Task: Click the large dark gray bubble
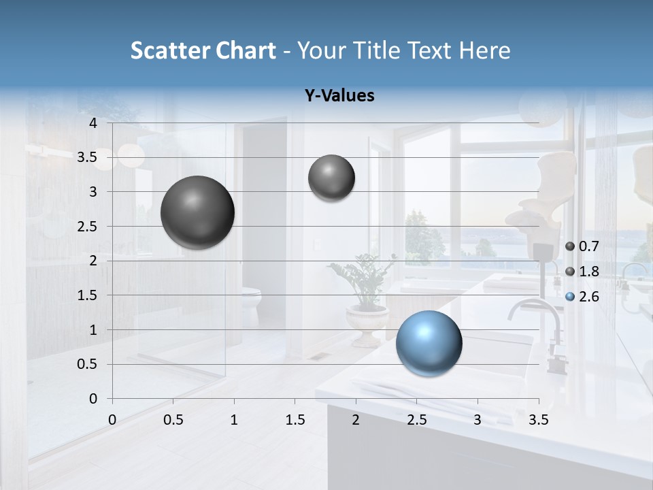tap(198, 212)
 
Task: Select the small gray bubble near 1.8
tap(331, 178)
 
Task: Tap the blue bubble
tap(429, 343)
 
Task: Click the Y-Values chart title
tap(339, 96)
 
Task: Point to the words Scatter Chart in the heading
tap(203, 50)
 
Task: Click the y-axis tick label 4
tap(93, 123)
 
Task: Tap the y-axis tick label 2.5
tap(87, 227)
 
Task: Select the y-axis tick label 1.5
tap(87, 295)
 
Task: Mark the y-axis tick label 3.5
tap(87, 158)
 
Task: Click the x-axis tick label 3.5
tap(538, 420)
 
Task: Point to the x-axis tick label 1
tap(234, 420)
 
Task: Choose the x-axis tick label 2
tap(356, 420)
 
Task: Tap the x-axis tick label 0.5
tap(173, 420)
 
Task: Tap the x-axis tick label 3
tap(478, 420)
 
